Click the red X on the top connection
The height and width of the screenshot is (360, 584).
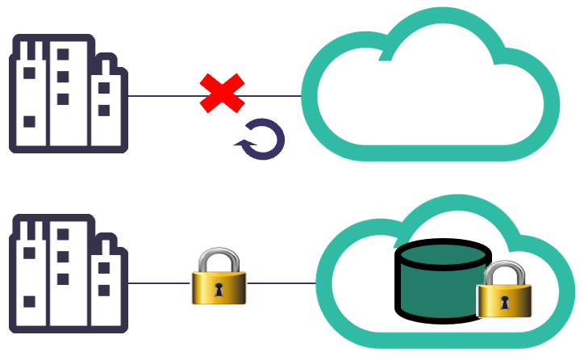point(222,93)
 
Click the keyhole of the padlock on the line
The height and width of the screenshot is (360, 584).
point(219,288)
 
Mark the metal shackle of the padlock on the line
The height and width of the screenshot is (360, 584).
point(219,258)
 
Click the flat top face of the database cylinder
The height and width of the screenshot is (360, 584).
point(443,255)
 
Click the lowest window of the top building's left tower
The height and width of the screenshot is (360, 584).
point(29,122)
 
